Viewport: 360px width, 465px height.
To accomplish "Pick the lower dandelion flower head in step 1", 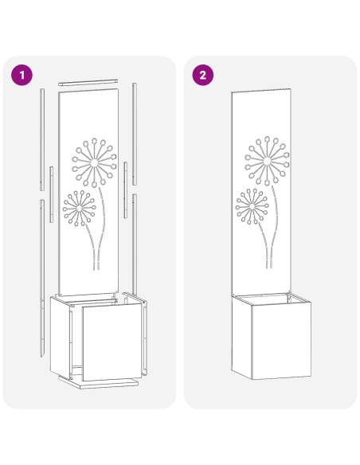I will (79, 208).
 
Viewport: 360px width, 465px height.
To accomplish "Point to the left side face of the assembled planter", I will (241, 334).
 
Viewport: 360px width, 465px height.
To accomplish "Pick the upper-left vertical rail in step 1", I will (41, 139).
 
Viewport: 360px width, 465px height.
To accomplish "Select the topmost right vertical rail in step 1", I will (135, 119).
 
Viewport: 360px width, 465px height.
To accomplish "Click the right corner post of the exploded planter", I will (144, 334).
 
